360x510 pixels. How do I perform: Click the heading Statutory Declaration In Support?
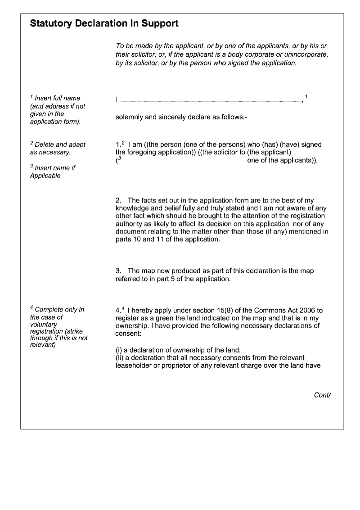pyautogui.click(x=104, y=24)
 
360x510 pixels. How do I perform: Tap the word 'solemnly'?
pyautogui.click(x=129, y=117)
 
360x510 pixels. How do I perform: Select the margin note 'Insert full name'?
pyautogui.click(x=57, y=98)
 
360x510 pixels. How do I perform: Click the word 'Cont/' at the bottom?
pyautogui.click(x=322, y=395)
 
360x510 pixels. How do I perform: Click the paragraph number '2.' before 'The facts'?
pyautogui.click(x=119, y=200)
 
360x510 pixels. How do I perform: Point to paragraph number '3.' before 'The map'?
pyautogui.click(x=119, y=271)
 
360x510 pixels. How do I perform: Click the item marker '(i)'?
pyautogui.click(x=119, y=350)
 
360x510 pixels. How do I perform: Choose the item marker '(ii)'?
pyautogui.click(x=120, y=358)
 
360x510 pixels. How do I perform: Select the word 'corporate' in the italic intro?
pyautogui.click(x=254, y=54)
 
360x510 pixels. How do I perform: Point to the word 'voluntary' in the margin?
pyautogui.click(x=44, y=325)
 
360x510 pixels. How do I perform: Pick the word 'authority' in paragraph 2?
pyautogui.click(x=129, y=224)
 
